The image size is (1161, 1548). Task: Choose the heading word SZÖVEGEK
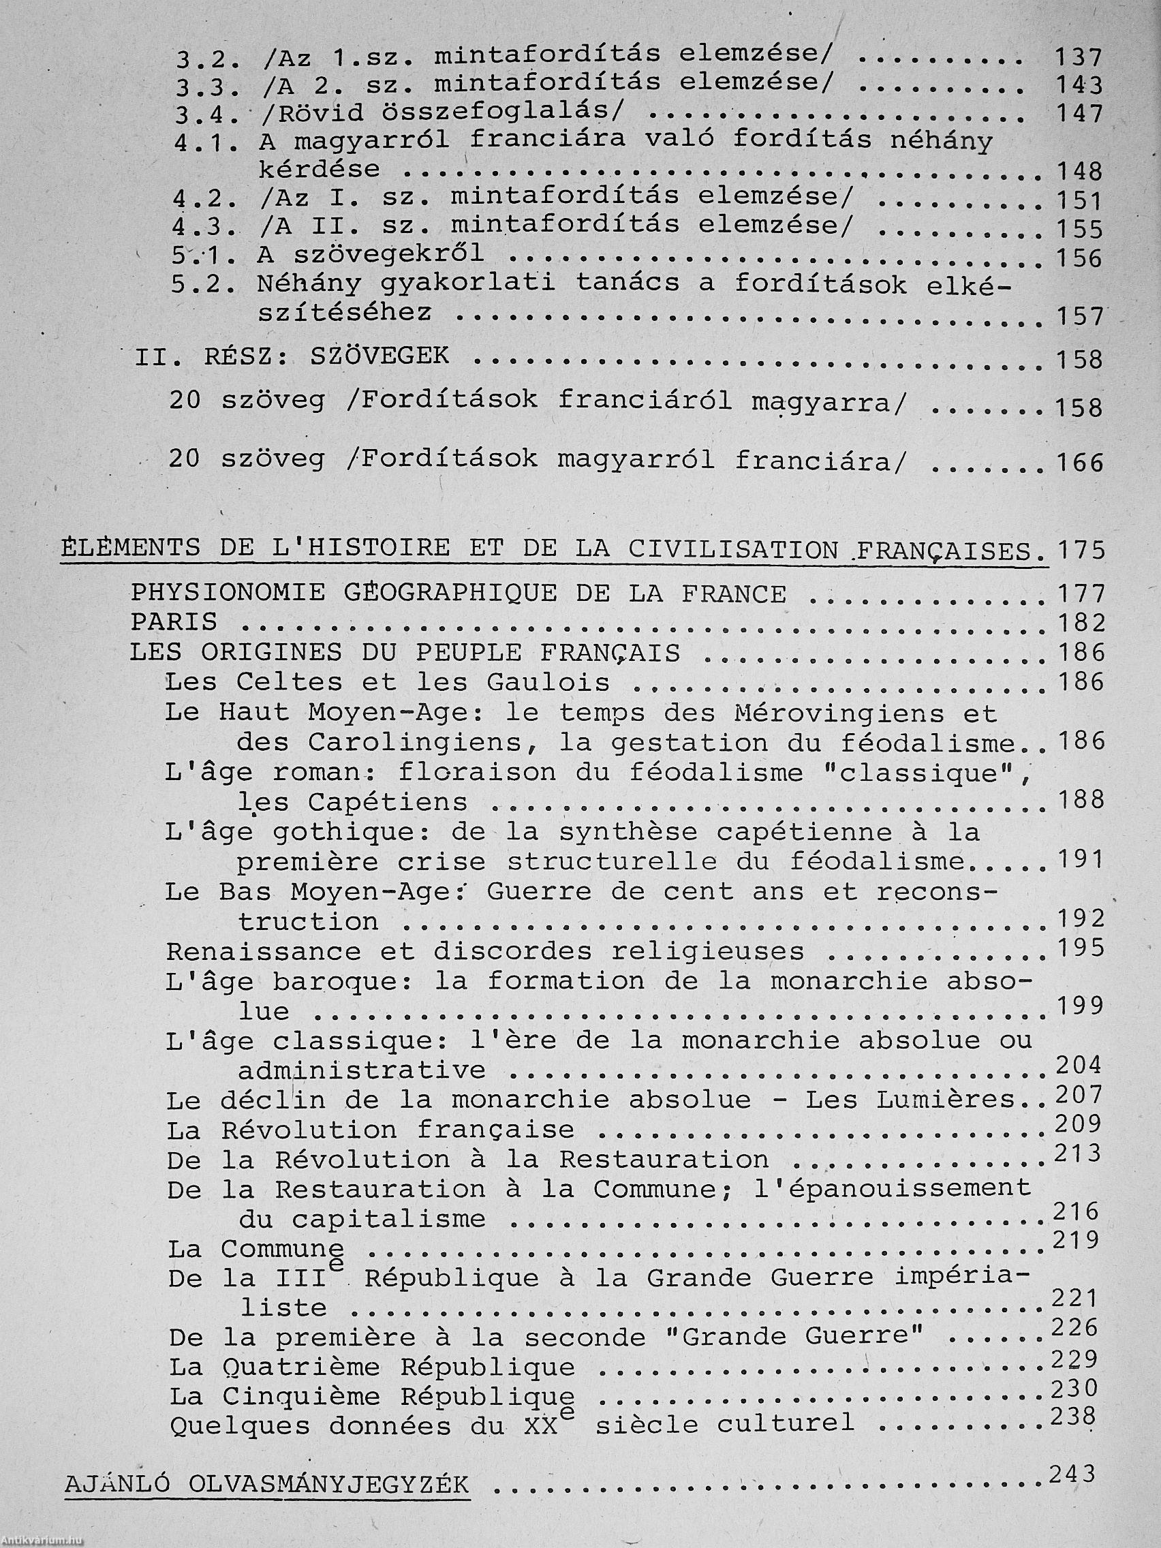(379, 357)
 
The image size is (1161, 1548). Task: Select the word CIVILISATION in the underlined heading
(732, 548)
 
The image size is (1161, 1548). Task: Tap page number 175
(1081, 550)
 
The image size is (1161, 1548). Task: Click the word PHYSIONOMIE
(228, 593)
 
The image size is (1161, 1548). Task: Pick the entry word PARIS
(174, 623)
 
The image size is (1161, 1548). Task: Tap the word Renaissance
(264, 952)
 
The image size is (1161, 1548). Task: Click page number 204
(1078, 1066)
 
